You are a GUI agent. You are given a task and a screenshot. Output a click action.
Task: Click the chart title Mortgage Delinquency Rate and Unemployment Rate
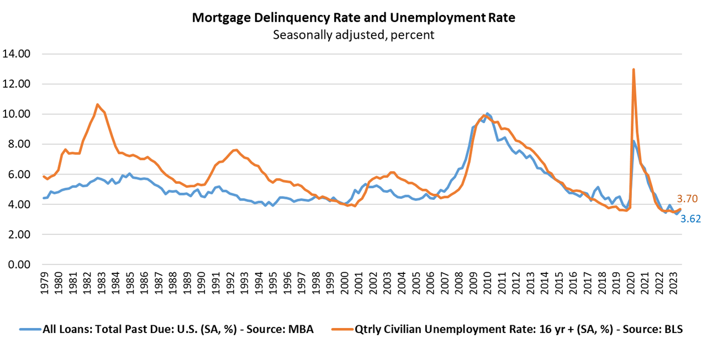[x=353, y=18]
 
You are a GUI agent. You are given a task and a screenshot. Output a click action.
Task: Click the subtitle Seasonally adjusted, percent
[x=353, y=35]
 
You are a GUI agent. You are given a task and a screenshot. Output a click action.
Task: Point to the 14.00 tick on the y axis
[x=16, y=54]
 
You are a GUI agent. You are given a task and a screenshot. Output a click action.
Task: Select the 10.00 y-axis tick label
[x=16, y=114]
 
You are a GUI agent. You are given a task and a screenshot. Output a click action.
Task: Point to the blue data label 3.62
[x=690, y=219]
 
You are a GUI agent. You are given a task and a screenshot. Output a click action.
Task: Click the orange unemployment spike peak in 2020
[x=633, y=70]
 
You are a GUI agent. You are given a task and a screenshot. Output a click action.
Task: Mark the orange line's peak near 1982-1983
[x=97, y=104]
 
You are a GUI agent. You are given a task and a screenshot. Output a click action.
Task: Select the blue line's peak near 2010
[x=487, y=113]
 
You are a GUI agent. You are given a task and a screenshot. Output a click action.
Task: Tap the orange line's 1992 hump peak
[x=235, y=150]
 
